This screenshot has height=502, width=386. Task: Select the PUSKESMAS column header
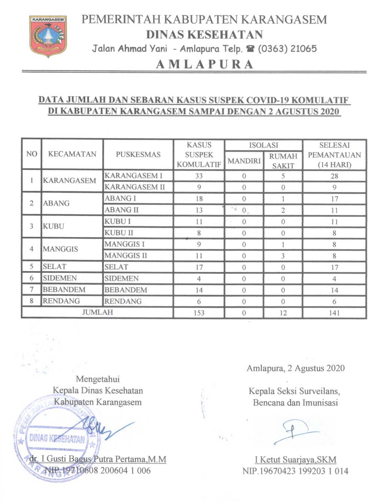[138, 154]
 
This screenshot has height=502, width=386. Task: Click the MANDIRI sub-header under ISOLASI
[244, 161]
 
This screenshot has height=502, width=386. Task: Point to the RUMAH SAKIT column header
[283, 161]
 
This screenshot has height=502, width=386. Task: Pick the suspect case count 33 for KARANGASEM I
[199, 176]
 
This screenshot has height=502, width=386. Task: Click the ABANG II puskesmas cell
[122, 210]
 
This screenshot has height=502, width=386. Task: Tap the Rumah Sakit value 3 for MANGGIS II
[283, 256]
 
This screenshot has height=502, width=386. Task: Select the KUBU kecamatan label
[53, 226]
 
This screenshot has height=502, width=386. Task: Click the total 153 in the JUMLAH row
[199, 313]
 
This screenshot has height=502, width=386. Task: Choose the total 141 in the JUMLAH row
[334, 313]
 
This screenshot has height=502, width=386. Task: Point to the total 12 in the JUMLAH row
[283, 313]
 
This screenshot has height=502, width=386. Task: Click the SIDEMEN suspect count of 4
[199, 279]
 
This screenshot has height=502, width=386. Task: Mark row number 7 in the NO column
[31, 290]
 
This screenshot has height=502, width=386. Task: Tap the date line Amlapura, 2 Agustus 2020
[295, 368]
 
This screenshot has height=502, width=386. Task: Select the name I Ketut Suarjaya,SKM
[295, 459]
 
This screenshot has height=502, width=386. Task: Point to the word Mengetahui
[98, 379]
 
